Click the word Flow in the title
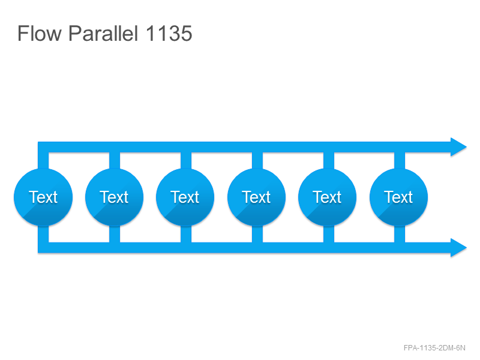(40, 33)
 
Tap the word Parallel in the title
(103, 33)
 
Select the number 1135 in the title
(169, 33)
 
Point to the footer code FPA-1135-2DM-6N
(434, 348)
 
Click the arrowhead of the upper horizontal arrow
(458, 147)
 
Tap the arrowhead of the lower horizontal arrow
(458, 248)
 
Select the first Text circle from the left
(43, 197)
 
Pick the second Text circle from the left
(114, 197)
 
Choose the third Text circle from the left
(185, 197)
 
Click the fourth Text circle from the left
(257, 197)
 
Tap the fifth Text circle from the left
(328, 197)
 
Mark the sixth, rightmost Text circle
(399, 197)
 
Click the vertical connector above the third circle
(186, 160)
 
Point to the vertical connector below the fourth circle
(257, 234)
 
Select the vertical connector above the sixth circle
(400, 160)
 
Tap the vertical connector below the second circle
(115, 234)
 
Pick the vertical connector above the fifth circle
(328, 160)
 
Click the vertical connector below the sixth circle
(400, 234)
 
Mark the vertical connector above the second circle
(115, 160)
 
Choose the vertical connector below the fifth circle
(328, 234)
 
